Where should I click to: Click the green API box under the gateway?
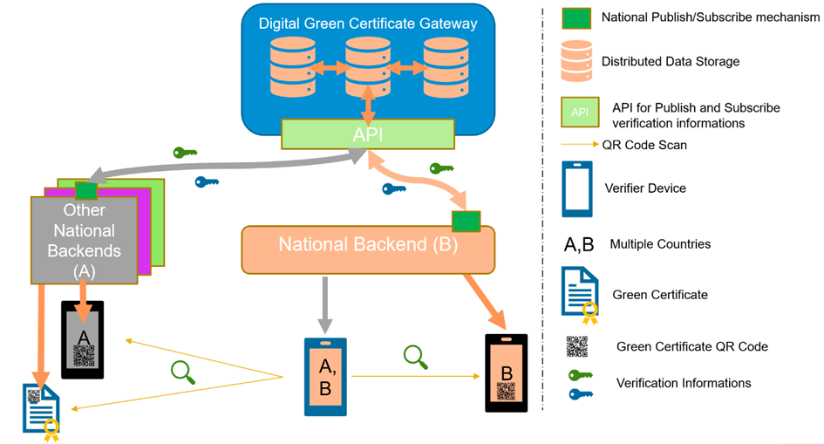click(x=368, y=134)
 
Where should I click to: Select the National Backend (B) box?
click(x=368, y=249)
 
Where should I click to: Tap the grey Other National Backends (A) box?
click(x=84, y=240)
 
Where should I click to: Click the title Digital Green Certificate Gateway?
click(x=368, y=24)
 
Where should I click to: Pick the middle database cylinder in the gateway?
click(x=368, y=67)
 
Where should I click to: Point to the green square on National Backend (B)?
click(x=466, y=222)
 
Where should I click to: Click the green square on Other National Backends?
click(x=86, y=191)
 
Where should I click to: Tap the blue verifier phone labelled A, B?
click(x=325, y=377)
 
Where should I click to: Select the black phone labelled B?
click(x=506, y=373)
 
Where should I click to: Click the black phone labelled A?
click(x=83, y=340)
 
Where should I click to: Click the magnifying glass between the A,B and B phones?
click(x=416, y=357)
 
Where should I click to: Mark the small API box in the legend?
click(x=580, y=112)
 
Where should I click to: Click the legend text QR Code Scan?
click(x=644, y=145)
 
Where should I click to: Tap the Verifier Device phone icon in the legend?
click(x=577, y=189)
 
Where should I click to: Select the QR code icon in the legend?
click(x=577, y=347)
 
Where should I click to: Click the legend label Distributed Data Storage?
click(x=670, y=61)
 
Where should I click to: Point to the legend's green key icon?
click(x=581, y=375)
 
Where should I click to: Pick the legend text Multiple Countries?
click(x=660, y=243)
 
